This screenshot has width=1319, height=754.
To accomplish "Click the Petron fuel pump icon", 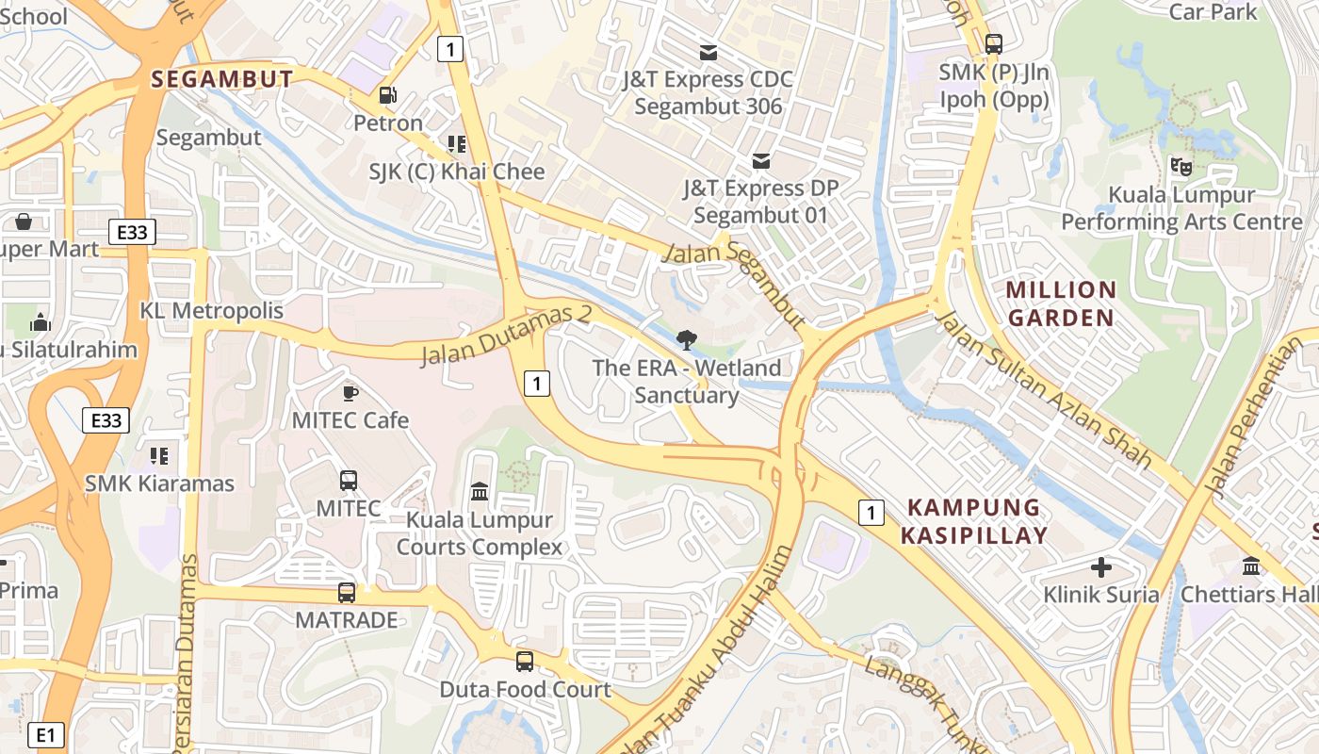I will pyautogui.click(x=387, y=95).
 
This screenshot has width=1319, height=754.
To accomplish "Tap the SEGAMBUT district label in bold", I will pyautogui.click(x=222, y=79).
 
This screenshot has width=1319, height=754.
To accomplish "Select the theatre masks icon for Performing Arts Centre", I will pyautogui.click(x=1181, y=167).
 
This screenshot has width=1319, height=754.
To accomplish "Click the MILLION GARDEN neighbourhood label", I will pyautogui.click(x=1061, y=303).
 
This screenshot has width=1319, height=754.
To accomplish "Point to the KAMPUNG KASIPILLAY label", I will pyautogui.click(x=974, y=521).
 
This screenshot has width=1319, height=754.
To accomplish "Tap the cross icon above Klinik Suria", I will pyautogui.click(x=1101, y=567).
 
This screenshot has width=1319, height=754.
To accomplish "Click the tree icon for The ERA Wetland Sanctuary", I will pyautogui.click(x=687, y=340).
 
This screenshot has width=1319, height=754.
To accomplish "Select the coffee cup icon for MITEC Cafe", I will pyautogui.click(x=350, y=392).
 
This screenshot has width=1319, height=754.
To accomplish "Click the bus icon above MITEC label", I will pyautogui.click(x=349, y=481).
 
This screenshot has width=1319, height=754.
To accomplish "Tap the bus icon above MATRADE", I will pyautogui.click(x=347, y=593).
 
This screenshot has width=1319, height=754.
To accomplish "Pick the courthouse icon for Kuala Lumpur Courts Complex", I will pyautogui.click(x=480, y=492).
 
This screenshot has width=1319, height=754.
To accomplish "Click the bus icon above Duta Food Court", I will pyautogui.click(x=525, y=662).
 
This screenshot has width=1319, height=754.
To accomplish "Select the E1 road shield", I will pyautogui.click(x=45, y=734).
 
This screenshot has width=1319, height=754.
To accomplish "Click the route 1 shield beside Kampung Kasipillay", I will pyautogui.click(x=872, y=513).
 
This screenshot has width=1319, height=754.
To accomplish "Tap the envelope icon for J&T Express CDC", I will pyautogui.click(x=708, y=52).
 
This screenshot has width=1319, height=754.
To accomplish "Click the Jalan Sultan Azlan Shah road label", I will pyautogui.click(x=1043, y=389).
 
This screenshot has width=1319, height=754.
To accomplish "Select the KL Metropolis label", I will pyautogui.click(x=211, y=310).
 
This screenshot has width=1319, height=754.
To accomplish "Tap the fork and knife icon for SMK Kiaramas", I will pyautogui.click(x=159, y=456).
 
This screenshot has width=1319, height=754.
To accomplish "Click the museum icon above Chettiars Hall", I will pyautogui.click(x=1251, y=566).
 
